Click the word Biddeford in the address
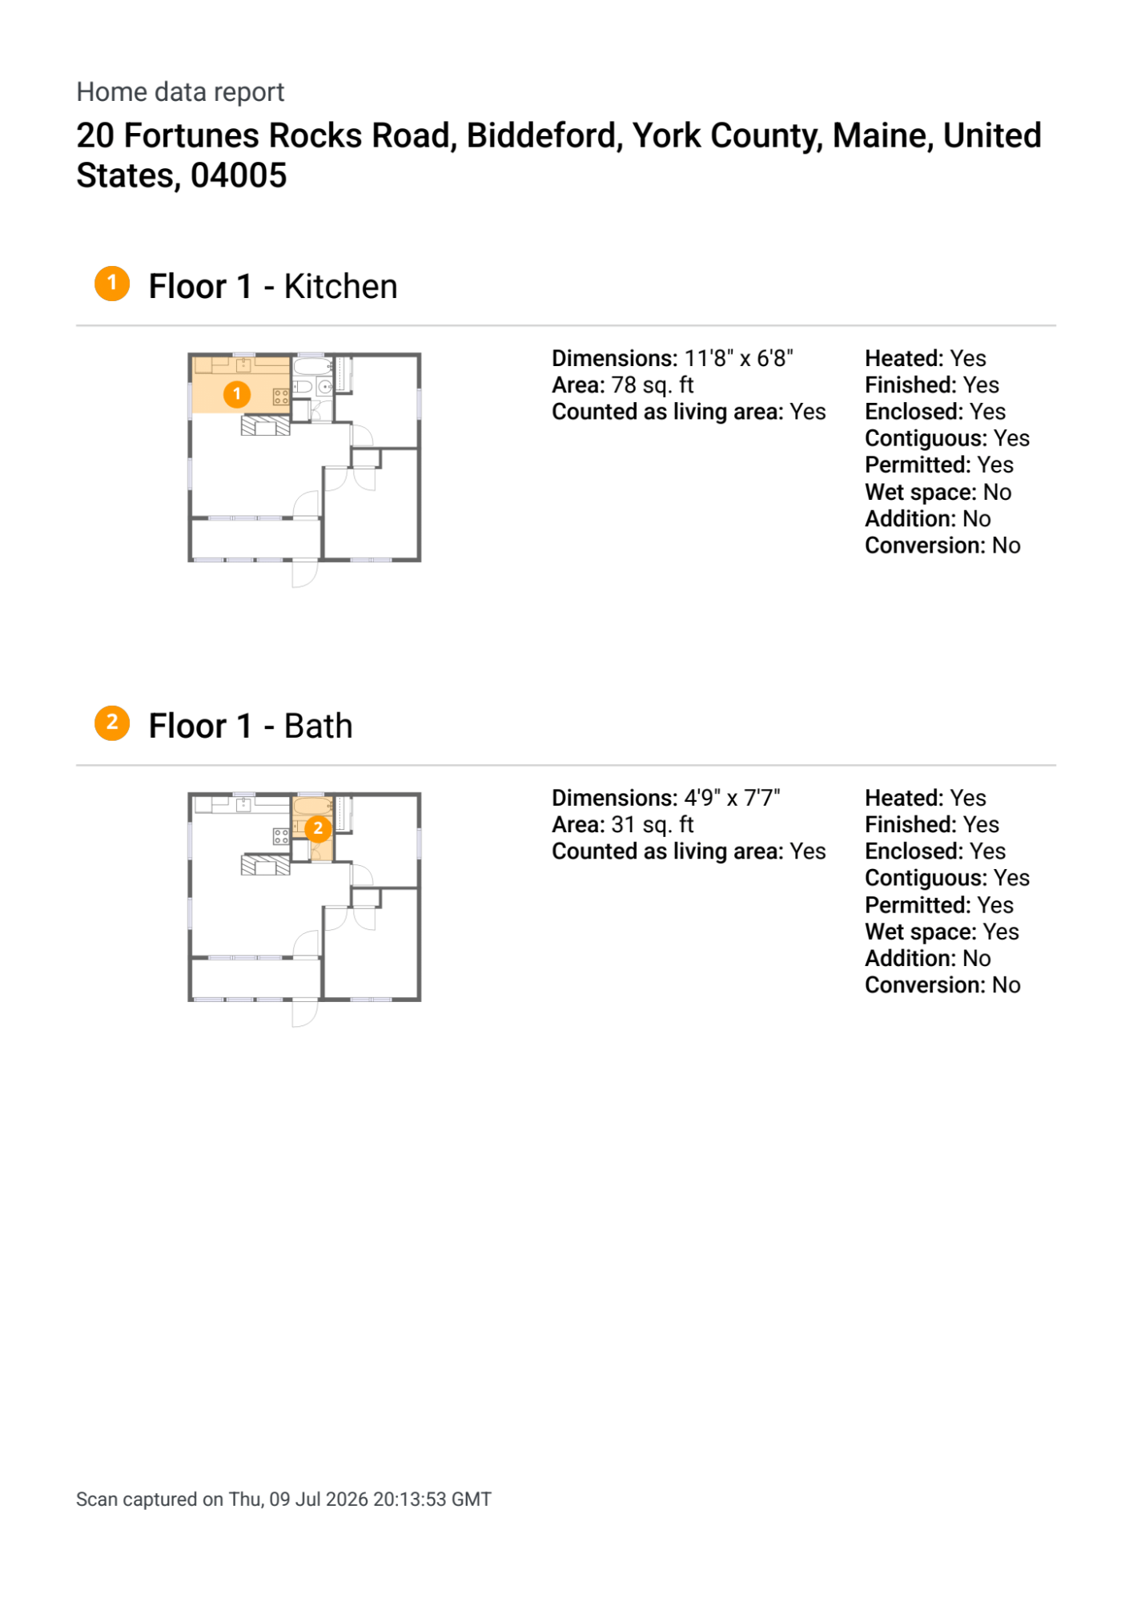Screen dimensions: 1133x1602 (x=544, y=135)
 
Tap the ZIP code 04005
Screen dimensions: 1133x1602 (x=239, y=175)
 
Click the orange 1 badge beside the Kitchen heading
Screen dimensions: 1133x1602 (x=112, y=284)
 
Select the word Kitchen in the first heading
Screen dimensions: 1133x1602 (x=340, y=286)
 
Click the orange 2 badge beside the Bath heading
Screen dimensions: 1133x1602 (x=112, y=723)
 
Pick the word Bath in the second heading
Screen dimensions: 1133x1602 (x=318, y=726)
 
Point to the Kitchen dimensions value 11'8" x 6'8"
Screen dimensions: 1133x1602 (x=738, y=358)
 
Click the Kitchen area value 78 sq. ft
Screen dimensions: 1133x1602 (x=652, y=385)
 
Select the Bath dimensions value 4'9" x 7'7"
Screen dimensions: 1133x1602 (x=732, y=798)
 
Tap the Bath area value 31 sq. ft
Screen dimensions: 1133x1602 (x=652, y=825)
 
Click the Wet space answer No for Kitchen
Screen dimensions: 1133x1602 (x=997, y=492)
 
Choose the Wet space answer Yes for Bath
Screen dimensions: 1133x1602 (x=1001, y=932)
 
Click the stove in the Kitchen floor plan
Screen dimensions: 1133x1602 (x=281, y=396)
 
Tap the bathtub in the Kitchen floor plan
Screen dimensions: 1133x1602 (x=312, y=367)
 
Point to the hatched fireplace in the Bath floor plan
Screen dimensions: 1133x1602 (x=266, y=865)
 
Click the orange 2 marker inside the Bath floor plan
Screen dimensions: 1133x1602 (x=318, y=828)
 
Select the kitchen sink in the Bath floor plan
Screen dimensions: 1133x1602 (x=243, y=805)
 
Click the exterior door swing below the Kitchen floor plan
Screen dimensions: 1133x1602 (x=305, y=574)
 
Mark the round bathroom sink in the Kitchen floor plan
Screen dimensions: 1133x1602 (x=325, y=388)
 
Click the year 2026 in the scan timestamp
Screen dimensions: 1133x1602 (x=346, y=1499)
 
